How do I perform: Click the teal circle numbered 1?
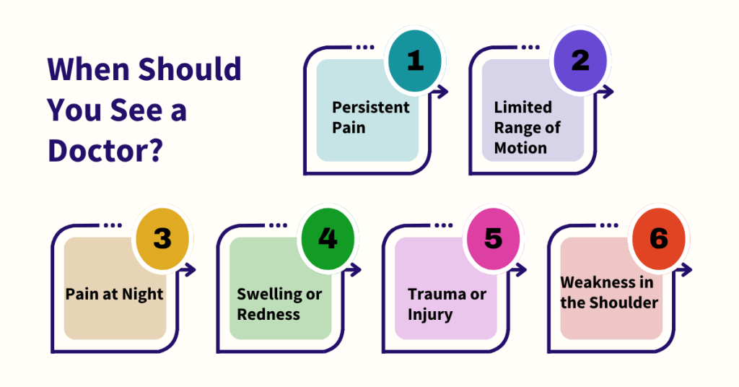click(415, 61)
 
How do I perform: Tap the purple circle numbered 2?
click(580, 61)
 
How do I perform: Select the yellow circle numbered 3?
click(162, 239)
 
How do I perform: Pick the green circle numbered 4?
click(328, 239)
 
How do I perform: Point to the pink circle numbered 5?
click(493, 239)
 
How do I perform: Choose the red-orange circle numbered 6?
click(658, 239)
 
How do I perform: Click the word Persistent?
click(371, 108)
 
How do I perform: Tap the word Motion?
click(520, 148)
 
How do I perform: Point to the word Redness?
click(268, 314)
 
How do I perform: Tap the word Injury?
click(430, 315)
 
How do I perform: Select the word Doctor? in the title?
click(105, 151)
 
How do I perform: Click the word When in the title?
click(89, 69)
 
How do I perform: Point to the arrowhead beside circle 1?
click(442, 92)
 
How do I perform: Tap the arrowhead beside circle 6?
click(686, 270)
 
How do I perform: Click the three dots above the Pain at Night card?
click(113, 225)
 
